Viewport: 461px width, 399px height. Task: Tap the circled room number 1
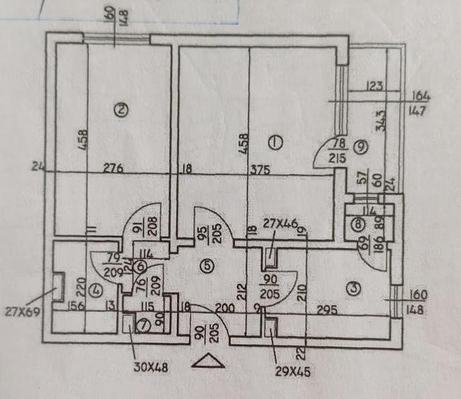[x=276, y=142]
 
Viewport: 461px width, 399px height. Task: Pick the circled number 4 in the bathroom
[x=98, y=290]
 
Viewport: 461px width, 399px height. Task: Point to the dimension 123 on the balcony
[x=374, y=87]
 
